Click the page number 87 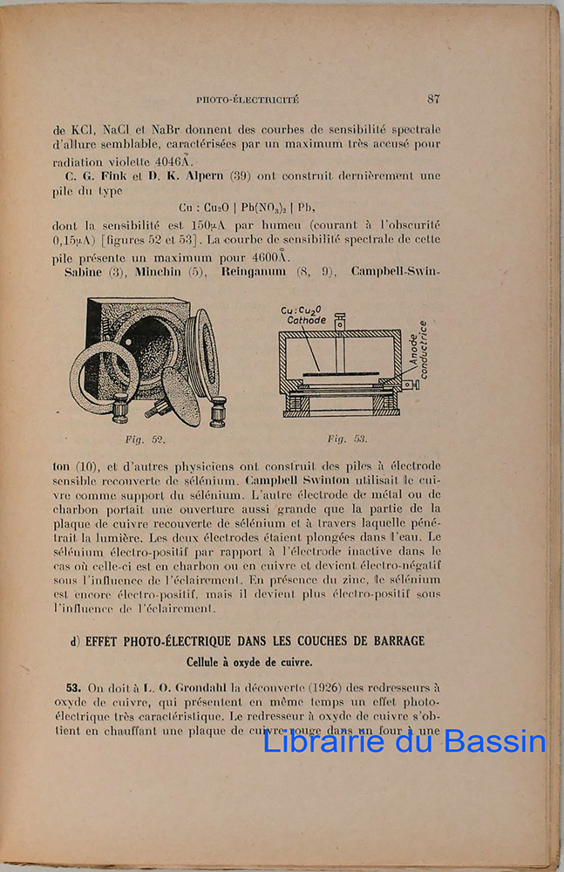pos(433,99)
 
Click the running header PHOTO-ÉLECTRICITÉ pos(248,100)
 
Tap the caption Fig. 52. pos(146,439)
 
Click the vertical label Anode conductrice pos(418,350)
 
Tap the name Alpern pos(195,175)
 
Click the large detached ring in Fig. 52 pos(104,377)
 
